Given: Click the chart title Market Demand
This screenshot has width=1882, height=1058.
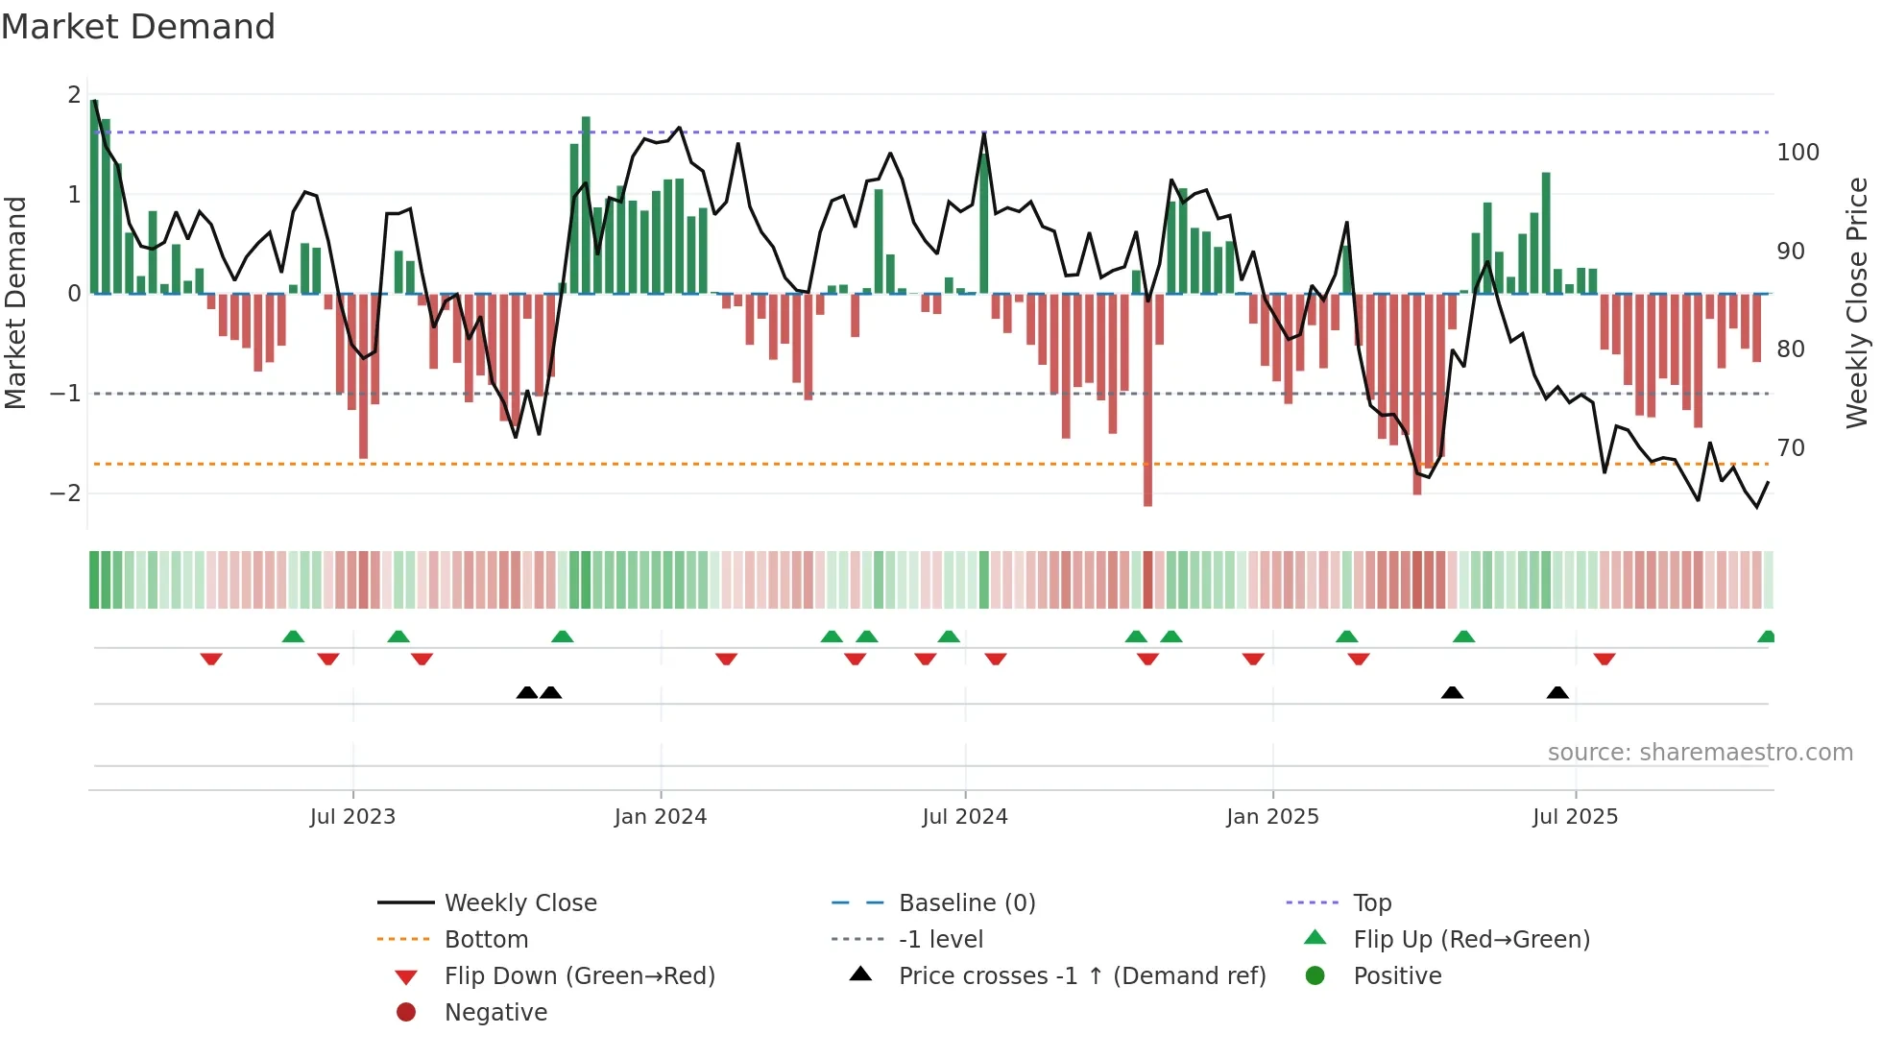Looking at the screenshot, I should (138, 27).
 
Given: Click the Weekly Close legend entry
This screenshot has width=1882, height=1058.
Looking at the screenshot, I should (519, 902).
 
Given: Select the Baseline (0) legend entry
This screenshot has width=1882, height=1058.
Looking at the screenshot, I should (966, 902).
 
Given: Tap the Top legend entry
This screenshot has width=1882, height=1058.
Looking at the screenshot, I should (1371, 902).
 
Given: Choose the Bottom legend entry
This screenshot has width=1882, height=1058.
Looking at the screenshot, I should (486, 939).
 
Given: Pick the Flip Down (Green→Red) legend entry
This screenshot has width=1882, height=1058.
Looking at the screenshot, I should (579, 975).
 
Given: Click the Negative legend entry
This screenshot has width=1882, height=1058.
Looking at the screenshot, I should (495, 1012).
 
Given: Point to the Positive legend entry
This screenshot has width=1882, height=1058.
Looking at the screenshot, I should (1396, 975).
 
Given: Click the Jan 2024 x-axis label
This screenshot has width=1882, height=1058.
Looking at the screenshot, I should (660, 817).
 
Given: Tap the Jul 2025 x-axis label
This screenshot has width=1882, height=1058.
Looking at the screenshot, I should (1575, 817).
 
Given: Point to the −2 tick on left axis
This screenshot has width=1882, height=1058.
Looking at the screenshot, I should (66, 493).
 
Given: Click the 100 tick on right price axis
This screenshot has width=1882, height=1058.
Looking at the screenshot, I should (1798, 153).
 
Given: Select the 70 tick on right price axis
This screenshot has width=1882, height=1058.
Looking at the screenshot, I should (1791, 448).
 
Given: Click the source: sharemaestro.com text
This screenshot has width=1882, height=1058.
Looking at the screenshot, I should (1700, 753).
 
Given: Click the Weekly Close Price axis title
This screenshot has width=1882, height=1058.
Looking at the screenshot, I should (1857, 302).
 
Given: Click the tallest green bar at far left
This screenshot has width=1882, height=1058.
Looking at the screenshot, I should (94, 192).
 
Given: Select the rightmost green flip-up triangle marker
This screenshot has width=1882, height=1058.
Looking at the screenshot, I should (1766, 637).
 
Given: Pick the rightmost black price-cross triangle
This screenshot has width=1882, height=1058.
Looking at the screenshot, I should (1557, 692).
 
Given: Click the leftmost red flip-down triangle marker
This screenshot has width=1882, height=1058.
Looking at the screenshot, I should (211, 659).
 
